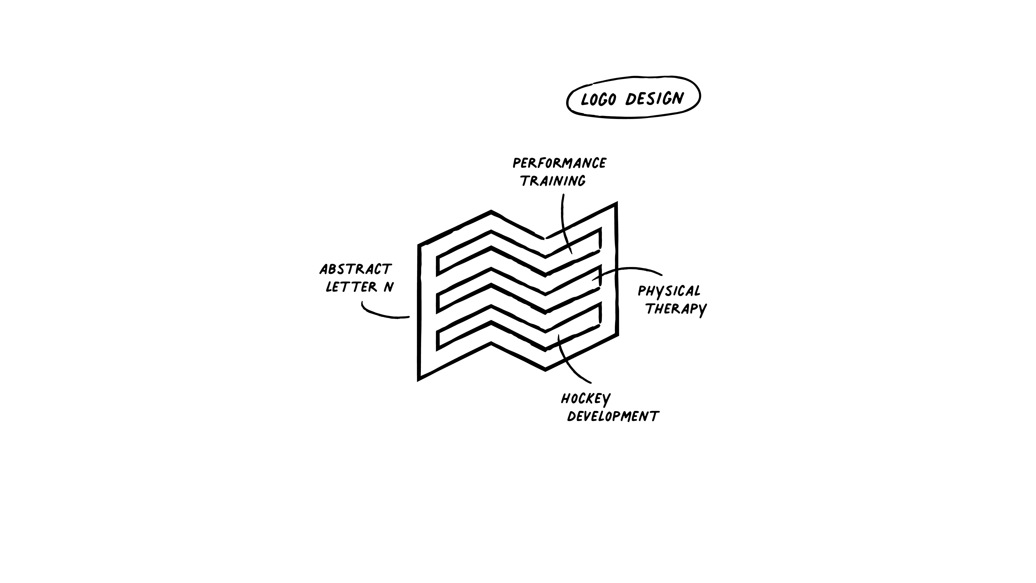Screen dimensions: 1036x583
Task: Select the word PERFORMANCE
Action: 559,163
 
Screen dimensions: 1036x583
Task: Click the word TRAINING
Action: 553,181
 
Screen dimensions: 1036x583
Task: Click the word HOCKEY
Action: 586,399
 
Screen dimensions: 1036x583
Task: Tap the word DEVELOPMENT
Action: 613,417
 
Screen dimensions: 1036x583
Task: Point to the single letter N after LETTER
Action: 388,287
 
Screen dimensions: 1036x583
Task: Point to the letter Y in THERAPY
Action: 702,310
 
